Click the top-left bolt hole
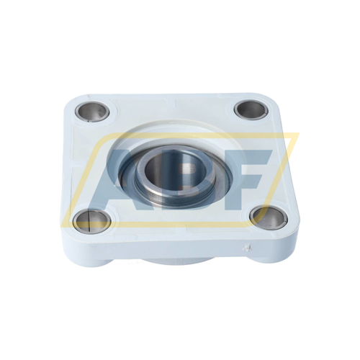click(92, 111)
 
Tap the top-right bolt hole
click(250, 110)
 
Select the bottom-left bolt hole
click(92, 221)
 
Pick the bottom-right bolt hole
click(268, 218)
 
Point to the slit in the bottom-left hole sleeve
click(89, 221)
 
